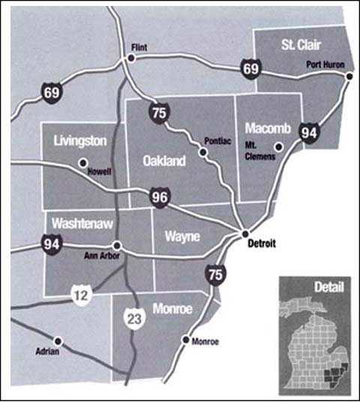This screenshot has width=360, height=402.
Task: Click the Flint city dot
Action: pos(130,58)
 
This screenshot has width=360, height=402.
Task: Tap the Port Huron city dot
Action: pos(348,76)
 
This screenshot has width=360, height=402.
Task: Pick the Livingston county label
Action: pos(80,141)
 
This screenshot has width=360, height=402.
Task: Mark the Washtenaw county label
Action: pos(79,223)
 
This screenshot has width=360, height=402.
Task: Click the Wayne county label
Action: pos(181,237)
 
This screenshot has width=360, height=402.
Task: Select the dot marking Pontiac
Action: pos(202,152)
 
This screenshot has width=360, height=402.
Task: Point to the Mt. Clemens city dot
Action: pos(278,147)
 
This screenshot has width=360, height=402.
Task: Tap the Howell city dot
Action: pos(82,161)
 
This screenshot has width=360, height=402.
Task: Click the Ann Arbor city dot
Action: pos(116,244)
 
